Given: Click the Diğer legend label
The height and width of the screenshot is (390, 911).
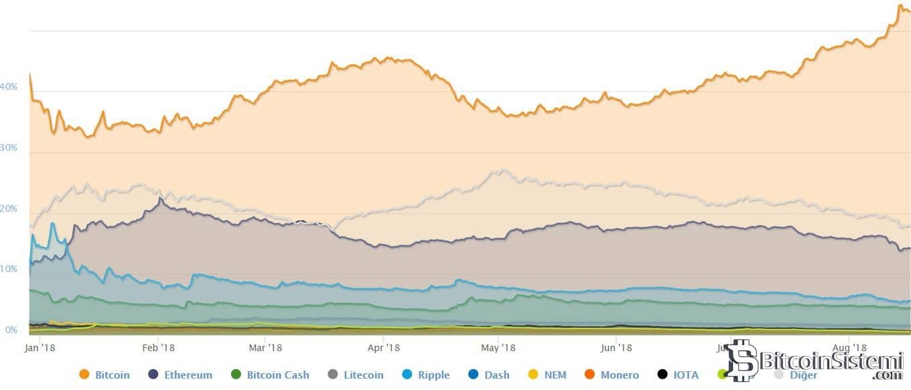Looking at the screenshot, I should point(803,375).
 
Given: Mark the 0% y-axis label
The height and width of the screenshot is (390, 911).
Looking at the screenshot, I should point(11,330).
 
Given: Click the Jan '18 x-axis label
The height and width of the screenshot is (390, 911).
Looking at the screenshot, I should point(40,347).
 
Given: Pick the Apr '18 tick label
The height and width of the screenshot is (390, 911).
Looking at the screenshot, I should point(384,347).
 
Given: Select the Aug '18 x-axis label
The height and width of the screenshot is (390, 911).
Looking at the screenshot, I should point(849,347).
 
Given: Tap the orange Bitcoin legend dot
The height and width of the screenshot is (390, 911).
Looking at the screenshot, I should point(84,375).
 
